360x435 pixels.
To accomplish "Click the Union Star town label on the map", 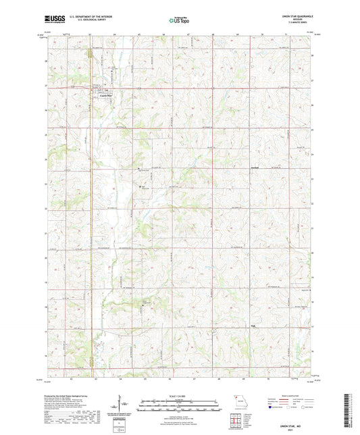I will (x=104, y=95).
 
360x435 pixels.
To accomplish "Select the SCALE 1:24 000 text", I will (x=180, y=396).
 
